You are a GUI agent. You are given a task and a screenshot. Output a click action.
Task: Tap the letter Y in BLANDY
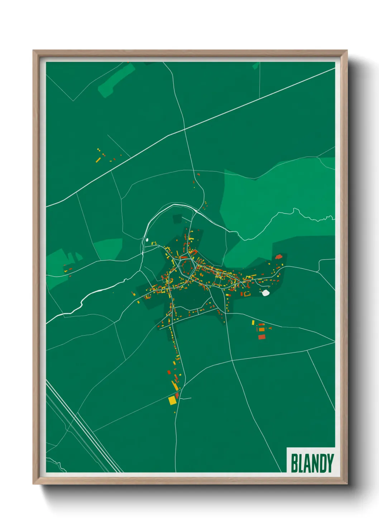pos(330,463)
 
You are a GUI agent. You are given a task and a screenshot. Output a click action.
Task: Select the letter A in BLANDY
pos(307,463)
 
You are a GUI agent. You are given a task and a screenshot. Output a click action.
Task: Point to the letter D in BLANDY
pos(322,463)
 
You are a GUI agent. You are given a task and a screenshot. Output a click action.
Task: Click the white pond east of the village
pos(265,293)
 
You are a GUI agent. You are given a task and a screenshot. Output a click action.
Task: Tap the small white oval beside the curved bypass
pos(147,240)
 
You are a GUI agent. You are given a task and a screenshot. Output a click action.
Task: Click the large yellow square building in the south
pos(173,400)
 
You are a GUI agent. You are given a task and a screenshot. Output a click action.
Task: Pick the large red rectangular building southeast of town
pos(262,337)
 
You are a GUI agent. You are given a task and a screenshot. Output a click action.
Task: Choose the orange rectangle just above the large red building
pos(262,329)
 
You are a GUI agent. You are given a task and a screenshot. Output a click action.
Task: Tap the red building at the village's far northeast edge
pos(279,257)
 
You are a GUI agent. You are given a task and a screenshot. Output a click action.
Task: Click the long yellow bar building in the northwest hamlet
pos(98,160)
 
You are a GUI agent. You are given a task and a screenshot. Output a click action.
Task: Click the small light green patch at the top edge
pos(255,66)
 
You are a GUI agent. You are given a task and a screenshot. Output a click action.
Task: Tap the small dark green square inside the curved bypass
pos(178,219)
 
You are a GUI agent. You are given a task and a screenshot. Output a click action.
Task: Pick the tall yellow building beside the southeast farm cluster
pos(253,323)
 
